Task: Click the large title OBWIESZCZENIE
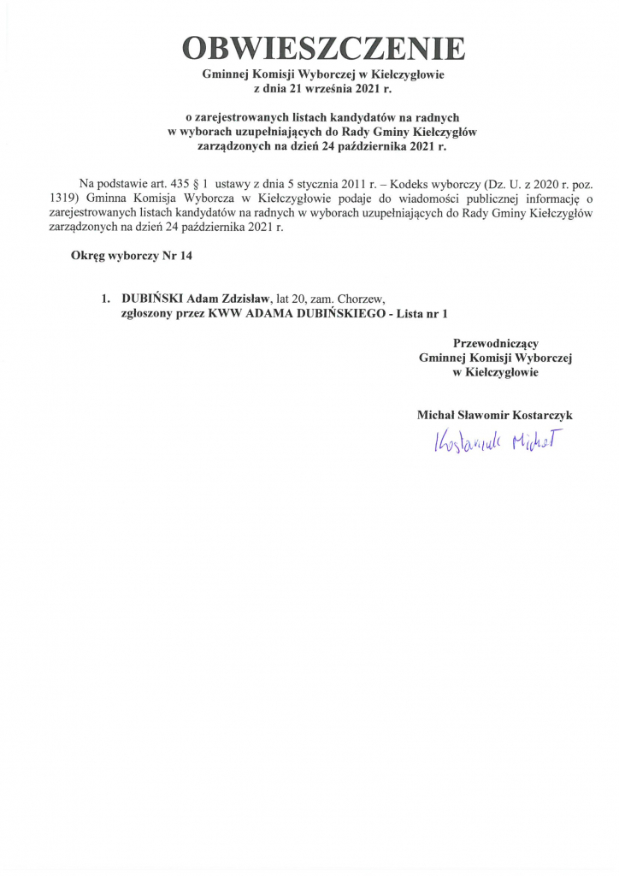323,48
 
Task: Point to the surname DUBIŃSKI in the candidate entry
152,299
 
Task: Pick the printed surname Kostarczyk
537,415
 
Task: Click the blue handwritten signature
494,441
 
